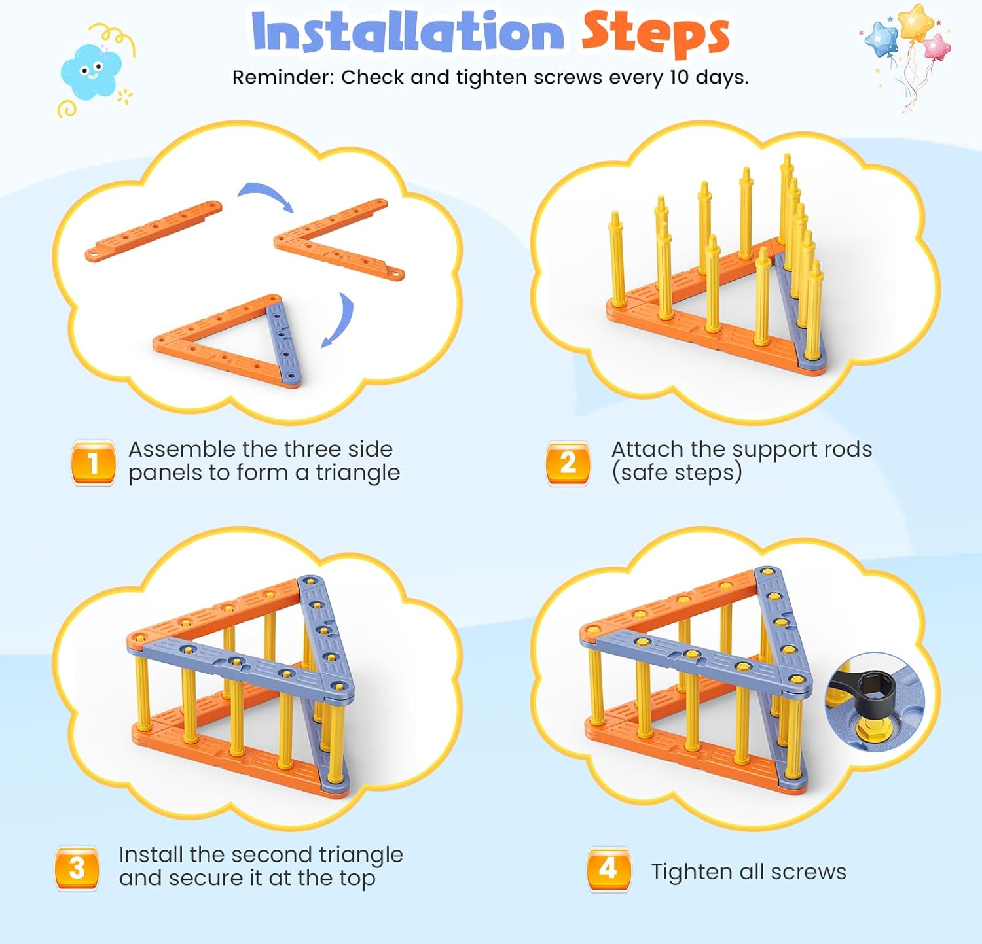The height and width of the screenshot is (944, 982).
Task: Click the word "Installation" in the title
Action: [x=407, y=31]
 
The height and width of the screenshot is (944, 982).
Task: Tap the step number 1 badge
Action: [x=94, y=463]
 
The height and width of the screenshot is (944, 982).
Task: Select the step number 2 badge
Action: [x=568, y=463]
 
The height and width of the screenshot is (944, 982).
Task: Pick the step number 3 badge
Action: [x=77, y=868]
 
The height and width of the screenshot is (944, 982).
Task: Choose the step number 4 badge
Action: [x=609, y=869]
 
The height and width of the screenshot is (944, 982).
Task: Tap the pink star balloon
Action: [x=937, y=46]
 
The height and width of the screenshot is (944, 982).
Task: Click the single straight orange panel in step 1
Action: [x=153, y=230]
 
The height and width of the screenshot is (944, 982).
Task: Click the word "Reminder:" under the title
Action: [x=283, y=77]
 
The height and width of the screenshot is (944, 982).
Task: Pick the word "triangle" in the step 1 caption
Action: [x=357, y=472]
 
